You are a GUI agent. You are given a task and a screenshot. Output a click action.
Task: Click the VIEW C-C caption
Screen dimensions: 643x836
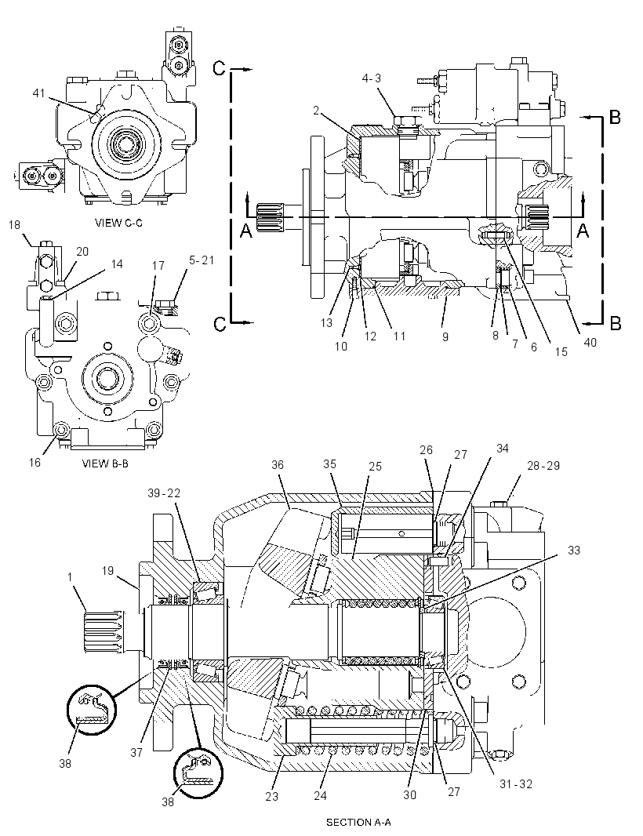point(118,223)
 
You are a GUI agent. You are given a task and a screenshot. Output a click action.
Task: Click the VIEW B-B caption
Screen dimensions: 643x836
point(105,463)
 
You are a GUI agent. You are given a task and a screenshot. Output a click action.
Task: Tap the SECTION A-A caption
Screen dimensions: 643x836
point(358,822)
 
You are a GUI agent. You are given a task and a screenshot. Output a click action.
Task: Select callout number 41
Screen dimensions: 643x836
point(38,93)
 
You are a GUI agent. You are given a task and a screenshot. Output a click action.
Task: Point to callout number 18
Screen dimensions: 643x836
point(14,225)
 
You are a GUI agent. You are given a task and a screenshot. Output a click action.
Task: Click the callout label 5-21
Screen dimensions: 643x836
point(201,260)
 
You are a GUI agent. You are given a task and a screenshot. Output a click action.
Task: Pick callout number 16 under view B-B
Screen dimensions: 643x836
point(35,462)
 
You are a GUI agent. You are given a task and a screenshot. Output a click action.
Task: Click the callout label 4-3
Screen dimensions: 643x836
point(372,78)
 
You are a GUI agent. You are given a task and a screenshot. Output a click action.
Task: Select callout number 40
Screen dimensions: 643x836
point(590,342)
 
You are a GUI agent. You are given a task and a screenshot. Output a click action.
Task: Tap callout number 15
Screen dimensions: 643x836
point(561,351)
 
